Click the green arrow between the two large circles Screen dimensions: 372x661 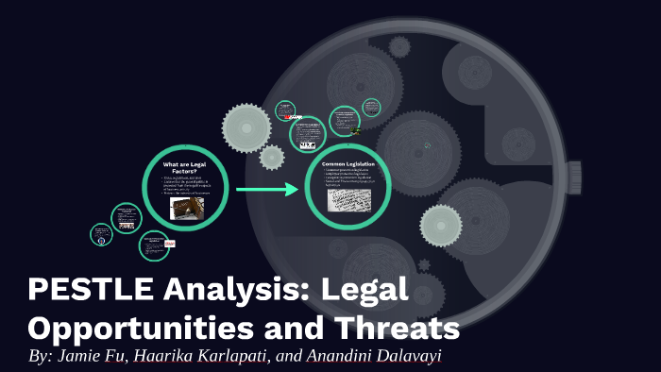click(x=266, y=191)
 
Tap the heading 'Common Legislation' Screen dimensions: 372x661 click(x=348, y=163)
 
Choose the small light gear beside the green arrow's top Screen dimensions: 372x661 click(x=271, y=157)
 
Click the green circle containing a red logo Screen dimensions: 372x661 click(x=155, y=245)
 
